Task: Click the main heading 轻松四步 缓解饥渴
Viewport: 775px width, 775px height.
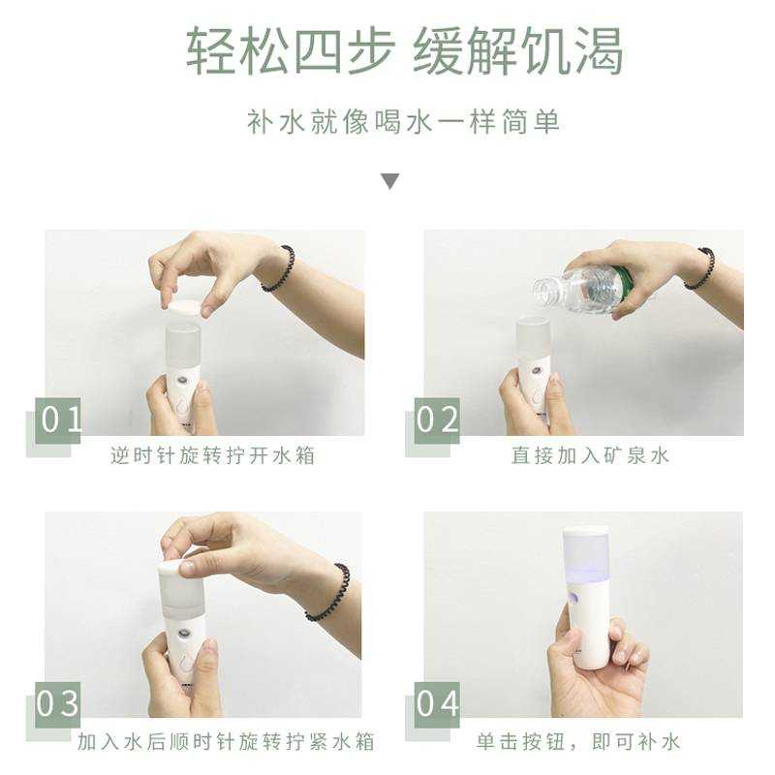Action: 404,51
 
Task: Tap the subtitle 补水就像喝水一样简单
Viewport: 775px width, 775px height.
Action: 403,122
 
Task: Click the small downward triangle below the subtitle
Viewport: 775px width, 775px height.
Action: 390,181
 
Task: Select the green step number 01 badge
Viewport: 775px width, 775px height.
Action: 58,420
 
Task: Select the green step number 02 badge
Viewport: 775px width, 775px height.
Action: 437,420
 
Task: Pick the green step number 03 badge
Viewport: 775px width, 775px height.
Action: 58,704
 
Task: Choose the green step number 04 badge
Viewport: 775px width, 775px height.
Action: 437,704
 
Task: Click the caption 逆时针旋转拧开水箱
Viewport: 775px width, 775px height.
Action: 212,455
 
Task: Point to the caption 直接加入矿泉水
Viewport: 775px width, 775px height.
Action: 590,455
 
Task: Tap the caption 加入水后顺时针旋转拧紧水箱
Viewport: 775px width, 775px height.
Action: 226,742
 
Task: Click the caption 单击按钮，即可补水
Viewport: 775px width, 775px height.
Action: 578,742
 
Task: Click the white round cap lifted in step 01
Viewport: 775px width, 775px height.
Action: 184,306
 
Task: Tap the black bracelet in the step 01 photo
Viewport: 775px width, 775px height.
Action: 279,269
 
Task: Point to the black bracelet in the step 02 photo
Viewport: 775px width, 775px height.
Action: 699,269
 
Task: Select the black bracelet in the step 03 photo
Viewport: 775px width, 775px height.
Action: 328,592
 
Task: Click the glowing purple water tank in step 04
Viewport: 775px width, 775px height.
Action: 585,554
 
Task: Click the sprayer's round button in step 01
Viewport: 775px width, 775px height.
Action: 184,382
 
